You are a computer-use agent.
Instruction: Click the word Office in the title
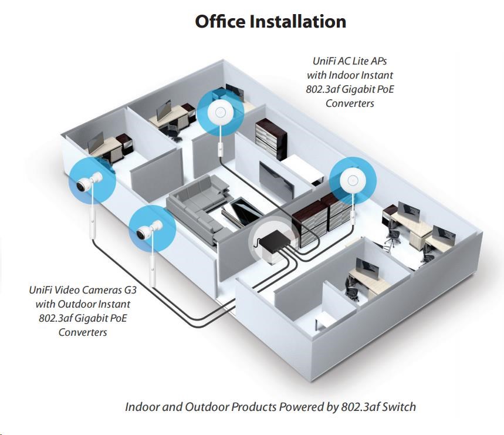pos(219,22)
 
